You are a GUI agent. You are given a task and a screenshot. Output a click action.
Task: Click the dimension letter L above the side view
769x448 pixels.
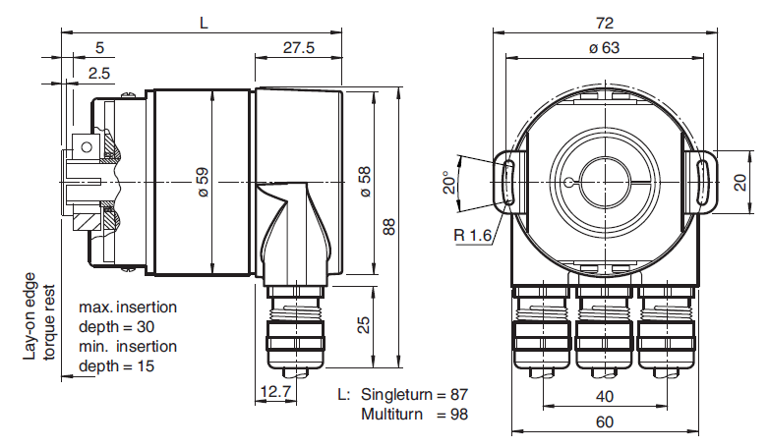[x=204, y=23]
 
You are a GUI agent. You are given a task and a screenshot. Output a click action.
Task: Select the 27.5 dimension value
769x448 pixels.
[x=299, y=48]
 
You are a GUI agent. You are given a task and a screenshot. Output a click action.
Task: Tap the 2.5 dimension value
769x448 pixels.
[x=99, y=74]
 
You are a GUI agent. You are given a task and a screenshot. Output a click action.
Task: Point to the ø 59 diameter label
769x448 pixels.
[x=203, y=183]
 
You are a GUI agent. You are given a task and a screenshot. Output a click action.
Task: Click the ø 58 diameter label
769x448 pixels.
[x=366, y=183]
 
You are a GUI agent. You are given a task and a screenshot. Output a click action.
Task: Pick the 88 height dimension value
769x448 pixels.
[x=388, y=226]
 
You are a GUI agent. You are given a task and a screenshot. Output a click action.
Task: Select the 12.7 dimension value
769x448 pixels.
[x=276, y=392]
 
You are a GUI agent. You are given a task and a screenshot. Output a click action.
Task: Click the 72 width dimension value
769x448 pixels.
[x=604, y=23]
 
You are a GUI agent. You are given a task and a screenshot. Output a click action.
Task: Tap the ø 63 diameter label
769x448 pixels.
[x=604, y=47]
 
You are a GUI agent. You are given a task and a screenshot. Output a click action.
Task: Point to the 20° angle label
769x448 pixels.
[x=449, y=183]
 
